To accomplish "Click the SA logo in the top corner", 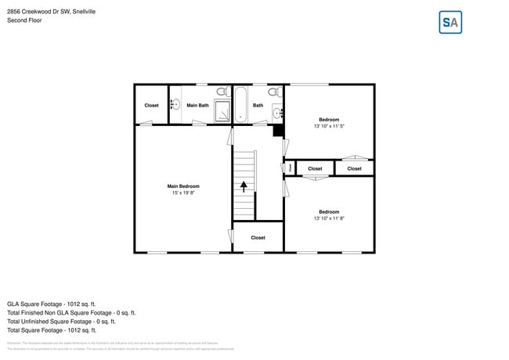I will (450, 23).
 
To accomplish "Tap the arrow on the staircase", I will (244, 186).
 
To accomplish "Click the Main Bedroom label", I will (183, 186).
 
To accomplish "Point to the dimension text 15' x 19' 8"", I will (183, 193).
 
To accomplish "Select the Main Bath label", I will (197, 105).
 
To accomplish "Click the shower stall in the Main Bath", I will (223, 112).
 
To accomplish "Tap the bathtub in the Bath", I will (240, 105).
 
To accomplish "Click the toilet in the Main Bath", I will (222, 92).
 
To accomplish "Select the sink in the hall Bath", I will (277, 113).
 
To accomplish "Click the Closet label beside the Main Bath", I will (151, 105).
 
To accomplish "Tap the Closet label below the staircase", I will (258, 237).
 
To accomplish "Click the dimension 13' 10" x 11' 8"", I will (329, 218).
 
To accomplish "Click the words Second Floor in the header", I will (24, 20).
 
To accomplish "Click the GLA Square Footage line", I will (52, 303).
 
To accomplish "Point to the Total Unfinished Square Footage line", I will (61, 321).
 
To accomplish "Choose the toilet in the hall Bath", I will (274, 92).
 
